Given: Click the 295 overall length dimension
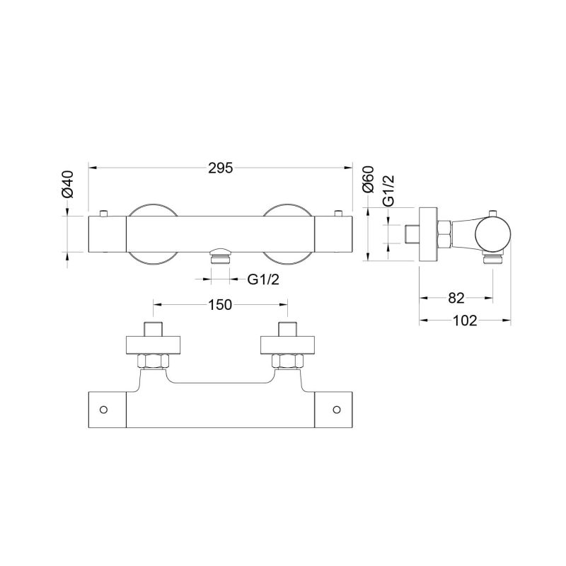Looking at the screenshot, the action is [x=221, y=168].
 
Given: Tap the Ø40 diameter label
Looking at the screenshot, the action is [x=67, y=184].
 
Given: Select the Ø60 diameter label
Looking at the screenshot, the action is [x=369, y=180].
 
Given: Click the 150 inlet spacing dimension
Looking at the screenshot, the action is [x=220, y=305].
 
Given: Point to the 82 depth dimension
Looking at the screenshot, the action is [x=456, y=298].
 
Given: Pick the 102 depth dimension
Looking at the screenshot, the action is [x=465, y=320].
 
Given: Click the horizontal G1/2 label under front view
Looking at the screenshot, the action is [x=263, y=279].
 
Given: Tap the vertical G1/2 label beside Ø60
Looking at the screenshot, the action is [x=388, y=190].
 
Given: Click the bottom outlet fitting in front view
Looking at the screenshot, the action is [x=220, y=255].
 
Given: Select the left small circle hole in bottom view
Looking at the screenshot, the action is [x=103, y=410].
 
